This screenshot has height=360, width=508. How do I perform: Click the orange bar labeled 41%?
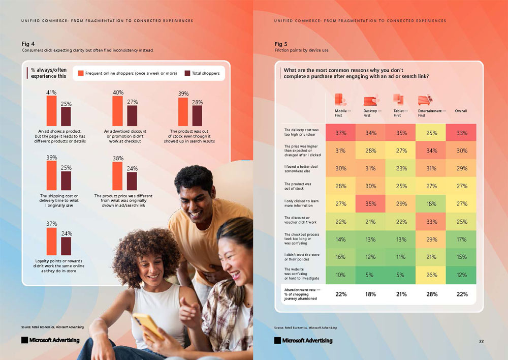[52, 111]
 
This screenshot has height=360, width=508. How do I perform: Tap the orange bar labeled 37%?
[52, 241]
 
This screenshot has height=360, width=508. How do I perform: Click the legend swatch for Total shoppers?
[187, 73]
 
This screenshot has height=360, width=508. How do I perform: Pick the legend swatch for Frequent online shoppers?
[80, 73]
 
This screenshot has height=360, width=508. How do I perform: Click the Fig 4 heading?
[28, 44]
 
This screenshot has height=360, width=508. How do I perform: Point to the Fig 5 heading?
[281, 44]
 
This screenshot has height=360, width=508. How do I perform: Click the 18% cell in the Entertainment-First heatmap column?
[430, 204]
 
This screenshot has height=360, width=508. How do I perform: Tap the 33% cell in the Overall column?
[461, 133]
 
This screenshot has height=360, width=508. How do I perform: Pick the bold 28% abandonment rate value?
[430, 294]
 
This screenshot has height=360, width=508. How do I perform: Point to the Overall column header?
[461, 111]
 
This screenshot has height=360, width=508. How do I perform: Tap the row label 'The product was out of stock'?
[298, 186]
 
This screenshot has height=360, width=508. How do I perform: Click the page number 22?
[481, 341]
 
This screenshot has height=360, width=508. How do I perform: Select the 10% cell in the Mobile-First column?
[340, 275]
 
